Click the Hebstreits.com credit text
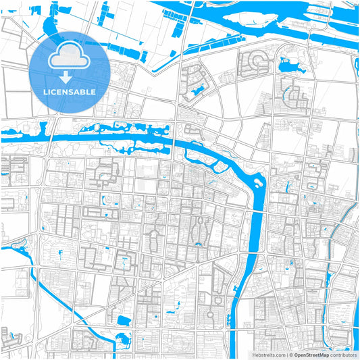coord(268,355)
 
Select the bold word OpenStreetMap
coord(311,355)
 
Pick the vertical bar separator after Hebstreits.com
coord(286,355)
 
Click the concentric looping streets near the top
coord(255,62)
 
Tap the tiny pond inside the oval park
coord(199,243)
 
